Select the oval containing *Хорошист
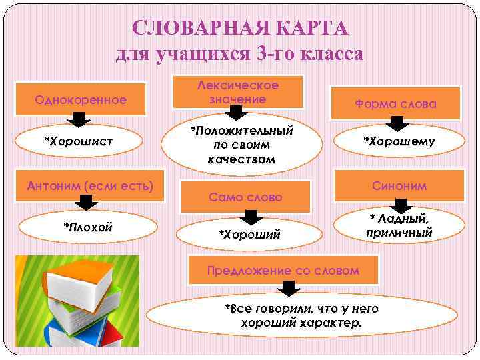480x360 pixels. click(78, 141)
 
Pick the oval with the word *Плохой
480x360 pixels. click(88, 227)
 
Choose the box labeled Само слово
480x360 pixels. click(245, 197)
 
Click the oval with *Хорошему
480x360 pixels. click(398, 141)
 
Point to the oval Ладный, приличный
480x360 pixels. click(399, 225)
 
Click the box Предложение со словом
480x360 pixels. click(283, 270)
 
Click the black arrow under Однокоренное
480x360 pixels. click(81, 120)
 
